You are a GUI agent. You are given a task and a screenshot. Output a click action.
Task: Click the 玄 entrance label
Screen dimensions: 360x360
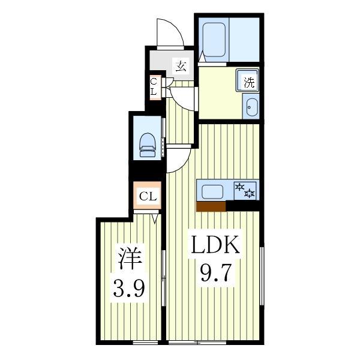(x=180, y=66)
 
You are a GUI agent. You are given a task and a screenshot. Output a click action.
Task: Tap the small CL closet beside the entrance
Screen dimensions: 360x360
(x=154, y=86)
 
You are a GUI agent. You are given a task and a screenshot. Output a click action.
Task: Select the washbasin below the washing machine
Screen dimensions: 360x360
(x=250, y=109)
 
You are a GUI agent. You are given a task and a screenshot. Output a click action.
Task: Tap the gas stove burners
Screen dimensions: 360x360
(x=245, y=191)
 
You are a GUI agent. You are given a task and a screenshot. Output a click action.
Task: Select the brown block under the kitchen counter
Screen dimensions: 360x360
(x=211, y=207)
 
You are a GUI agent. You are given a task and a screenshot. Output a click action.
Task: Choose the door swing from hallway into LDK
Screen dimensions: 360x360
(x=179, y=160)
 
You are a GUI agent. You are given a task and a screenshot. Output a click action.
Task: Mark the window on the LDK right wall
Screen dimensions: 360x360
(x=262, y=270)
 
